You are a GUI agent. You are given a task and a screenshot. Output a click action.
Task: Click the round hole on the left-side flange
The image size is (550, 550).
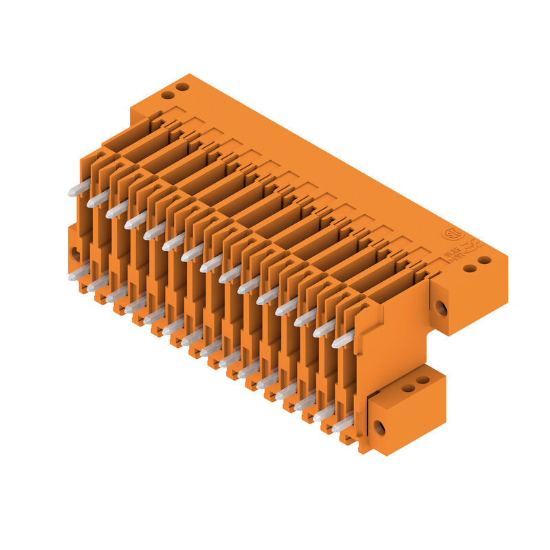pos(75,253)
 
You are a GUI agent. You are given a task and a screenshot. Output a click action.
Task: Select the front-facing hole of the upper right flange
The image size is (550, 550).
pos(441,308)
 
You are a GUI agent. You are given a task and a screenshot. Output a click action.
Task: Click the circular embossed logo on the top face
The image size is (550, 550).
pos(451,233)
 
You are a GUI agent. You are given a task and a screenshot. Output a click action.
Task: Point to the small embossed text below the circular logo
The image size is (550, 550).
pos(454,256)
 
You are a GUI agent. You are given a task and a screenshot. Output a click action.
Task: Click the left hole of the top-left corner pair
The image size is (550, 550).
pos(167,94)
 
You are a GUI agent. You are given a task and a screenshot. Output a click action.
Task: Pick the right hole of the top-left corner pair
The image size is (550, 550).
pos(182,87)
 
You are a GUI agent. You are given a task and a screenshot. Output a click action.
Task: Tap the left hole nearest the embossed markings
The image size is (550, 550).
pos(470,267)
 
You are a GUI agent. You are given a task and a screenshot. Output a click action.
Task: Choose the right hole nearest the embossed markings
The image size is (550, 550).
pos(485,260)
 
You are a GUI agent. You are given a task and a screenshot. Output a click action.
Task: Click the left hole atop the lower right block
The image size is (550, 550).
pos(408,388)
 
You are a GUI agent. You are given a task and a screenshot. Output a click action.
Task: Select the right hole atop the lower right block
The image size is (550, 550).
pos(423,379)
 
